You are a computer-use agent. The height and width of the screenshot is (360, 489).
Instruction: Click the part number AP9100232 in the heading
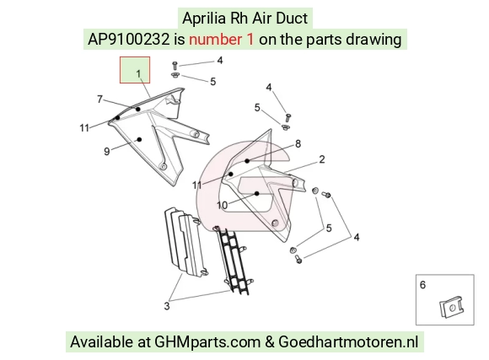(x=128, y=40)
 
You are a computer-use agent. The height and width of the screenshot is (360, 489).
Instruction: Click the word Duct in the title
(x=293, y=19)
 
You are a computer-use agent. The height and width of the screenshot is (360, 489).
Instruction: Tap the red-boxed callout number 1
(x=138, y=73)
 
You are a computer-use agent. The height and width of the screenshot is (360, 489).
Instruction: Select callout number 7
(x=99, y=99)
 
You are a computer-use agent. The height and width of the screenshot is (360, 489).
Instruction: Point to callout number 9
(x=107, y=152)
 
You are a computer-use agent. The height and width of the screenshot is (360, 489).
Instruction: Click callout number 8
(x=298, y=144)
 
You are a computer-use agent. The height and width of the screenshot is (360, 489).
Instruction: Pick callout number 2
(x=322, y=159)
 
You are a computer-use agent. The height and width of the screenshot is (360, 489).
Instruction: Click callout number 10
(x=223, y=205)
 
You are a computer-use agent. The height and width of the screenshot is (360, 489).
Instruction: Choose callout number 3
(x=167, y=306)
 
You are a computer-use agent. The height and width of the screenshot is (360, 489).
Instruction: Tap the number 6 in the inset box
(x=422, y=284)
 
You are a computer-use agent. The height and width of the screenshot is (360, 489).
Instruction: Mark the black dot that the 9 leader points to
(x=140, y=139)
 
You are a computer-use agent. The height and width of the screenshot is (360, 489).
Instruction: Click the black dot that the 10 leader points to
(x=257, y=193)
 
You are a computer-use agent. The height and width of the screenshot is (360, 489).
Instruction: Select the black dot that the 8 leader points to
(x=247, y=161)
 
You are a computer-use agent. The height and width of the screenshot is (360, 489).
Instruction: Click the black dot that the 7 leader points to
(x=137, y=110)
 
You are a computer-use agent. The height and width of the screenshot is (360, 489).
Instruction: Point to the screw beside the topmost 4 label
(x=175, y=66)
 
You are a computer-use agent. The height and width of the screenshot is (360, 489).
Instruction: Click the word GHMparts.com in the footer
(x=207, y=342)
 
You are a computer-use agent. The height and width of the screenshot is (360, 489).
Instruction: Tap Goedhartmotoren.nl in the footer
(x=348, y=342)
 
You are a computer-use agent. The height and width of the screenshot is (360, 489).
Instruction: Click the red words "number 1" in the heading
(x=222, y=40)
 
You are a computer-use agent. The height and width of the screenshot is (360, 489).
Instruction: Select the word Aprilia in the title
(x=204, y=19)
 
